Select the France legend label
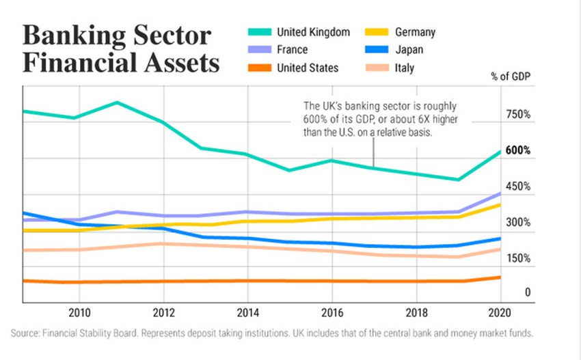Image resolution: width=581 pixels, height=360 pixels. pos(292,50)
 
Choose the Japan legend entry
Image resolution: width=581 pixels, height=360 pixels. pos(409,50)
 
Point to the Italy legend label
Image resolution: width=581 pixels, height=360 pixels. pos(404,68)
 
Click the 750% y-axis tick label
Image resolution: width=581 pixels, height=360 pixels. pos(518,115)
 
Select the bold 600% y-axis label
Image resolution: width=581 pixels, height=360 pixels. pos(518,151)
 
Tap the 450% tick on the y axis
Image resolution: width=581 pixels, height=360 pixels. pos(518,186)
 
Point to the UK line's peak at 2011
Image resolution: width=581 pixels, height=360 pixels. pos(118,102)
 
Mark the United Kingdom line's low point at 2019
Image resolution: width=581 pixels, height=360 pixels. pos(458,180)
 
